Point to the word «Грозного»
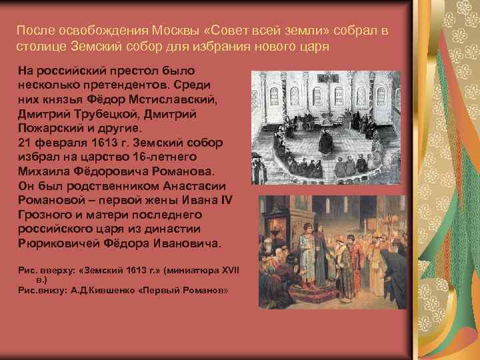point(45,214)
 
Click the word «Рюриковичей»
point(56,243)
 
